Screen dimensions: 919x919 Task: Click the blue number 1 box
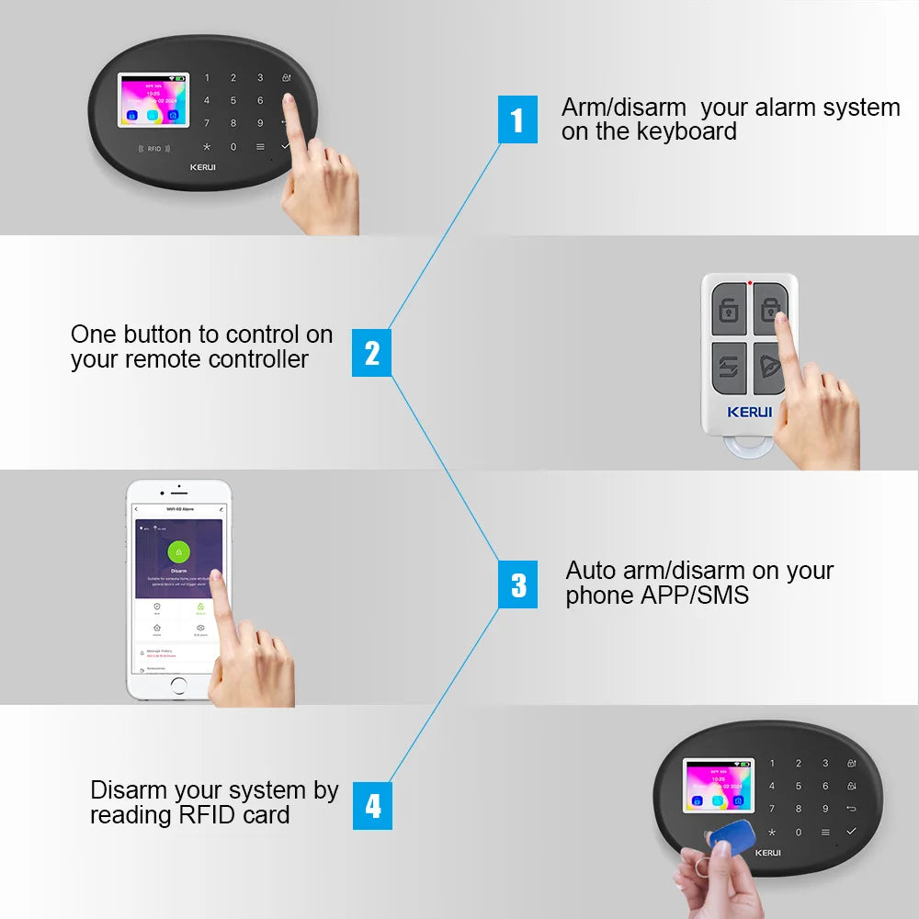pos(517,119)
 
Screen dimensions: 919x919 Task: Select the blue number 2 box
pos(371,354)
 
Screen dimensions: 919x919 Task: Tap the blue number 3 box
pos(518,585)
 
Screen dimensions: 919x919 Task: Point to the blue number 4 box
pos(372,806)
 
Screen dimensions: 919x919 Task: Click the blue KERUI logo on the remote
pos(750,412)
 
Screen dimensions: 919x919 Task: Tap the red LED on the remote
pos(751,282)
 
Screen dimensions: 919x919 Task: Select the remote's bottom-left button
pos(729,368)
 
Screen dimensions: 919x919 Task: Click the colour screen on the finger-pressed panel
pos(153,101)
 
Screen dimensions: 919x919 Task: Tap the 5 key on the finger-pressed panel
pos(233,100)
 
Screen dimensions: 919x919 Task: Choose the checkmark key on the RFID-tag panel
pos(851,831)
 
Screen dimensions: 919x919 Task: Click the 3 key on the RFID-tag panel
pos(825,763)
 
